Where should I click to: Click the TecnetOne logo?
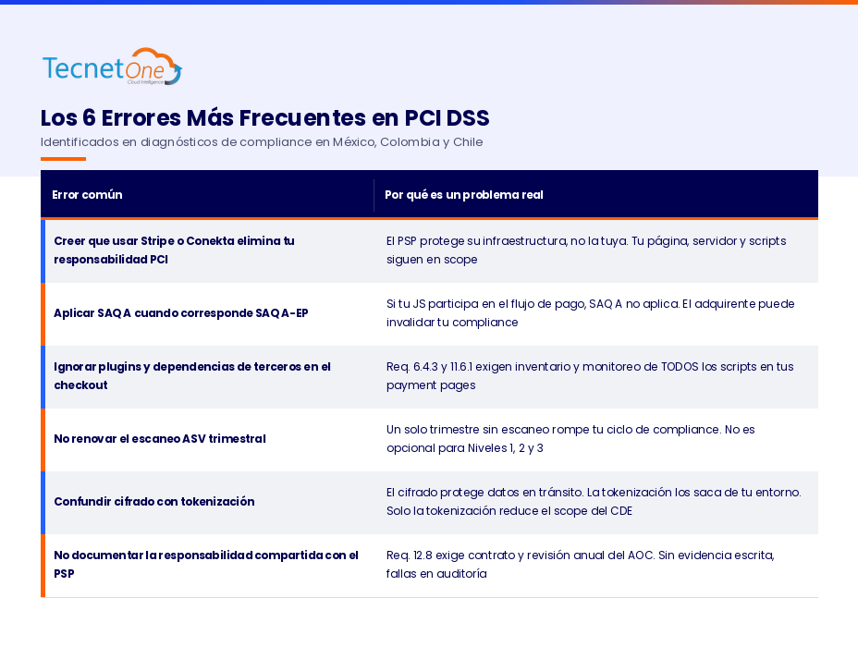(112, 67)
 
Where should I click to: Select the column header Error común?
(87, 195)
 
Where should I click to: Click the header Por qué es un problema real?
(464, 195)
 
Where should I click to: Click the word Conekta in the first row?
(211, 241)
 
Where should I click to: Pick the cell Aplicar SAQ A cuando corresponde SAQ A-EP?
(180, 313)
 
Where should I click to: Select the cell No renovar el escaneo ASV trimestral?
(159, 439)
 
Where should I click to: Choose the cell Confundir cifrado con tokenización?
(153, 502)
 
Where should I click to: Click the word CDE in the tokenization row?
(620, 511)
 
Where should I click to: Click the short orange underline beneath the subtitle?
(63, 159)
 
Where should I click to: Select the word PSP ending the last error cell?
(65, 574)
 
